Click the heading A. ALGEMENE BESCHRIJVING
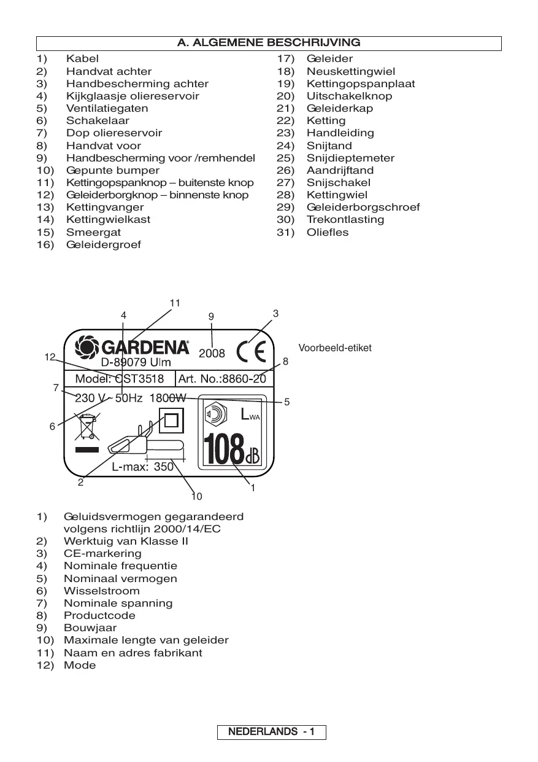269,43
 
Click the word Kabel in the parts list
82,59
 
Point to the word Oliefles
328,232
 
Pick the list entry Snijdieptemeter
350,158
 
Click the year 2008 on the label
212,354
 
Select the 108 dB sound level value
231,450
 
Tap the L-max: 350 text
142,467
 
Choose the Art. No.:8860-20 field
222,379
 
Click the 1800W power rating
167,398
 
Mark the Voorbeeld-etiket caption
335,348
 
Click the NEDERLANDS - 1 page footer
271,732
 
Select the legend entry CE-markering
102,554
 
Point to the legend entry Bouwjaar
90,628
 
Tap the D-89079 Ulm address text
136,362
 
